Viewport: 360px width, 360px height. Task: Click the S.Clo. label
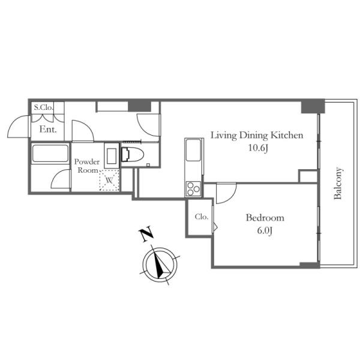[x=44, y=107]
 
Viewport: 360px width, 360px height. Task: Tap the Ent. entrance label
[x=48, y=129]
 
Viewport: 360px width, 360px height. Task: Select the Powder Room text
[x=87, y=166]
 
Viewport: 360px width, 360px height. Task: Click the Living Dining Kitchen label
[x=257, y=135]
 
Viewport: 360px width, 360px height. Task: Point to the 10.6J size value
[x=258, y=148]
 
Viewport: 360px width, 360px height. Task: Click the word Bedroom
[x=265, y=218]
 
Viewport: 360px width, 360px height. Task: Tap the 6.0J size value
[x=265, y=230]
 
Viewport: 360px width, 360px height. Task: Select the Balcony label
[x=338, y=183]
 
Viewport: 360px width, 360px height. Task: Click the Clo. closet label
[x=202, y=217]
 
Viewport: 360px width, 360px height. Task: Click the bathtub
[x=50, y=153]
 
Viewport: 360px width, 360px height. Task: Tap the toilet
[x=132, y=154]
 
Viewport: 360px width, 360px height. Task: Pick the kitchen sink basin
[x=194, y=150]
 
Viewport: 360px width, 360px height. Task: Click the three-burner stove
[x=193, y=189]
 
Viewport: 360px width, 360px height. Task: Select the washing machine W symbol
[x=109, y=181]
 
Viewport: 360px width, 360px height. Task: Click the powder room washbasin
[x=112, y=156]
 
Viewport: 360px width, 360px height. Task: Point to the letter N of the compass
[x=146, y=234]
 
